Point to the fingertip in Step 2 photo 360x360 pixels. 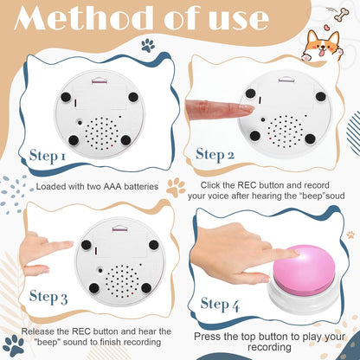pyautogui.click(x=250, y=109)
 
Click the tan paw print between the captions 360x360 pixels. pyautogui.click(x=177, y=186)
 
